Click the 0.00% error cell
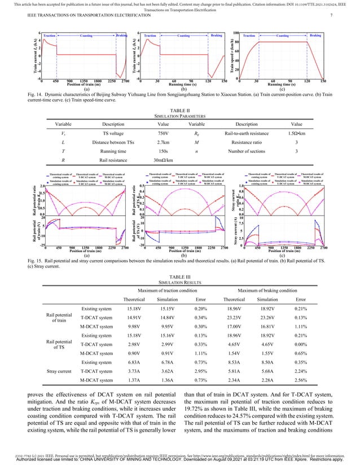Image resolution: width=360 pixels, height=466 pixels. pos(301,342)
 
